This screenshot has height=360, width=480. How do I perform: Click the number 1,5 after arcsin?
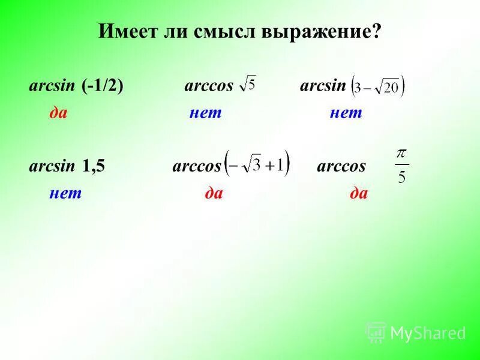point(94,166)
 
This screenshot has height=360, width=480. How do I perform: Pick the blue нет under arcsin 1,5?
point(65,193)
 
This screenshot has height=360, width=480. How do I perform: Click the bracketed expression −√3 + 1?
point(256,164)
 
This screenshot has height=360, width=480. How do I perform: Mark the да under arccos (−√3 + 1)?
point(214,193)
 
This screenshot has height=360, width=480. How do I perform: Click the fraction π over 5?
point(401,166)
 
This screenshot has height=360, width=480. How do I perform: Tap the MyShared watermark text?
point(428,332)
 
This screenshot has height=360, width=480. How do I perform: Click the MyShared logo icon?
point(376,332)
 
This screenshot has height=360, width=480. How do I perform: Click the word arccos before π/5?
point(341,166)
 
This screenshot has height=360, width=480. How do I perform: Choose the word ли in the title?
point(178,32)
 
